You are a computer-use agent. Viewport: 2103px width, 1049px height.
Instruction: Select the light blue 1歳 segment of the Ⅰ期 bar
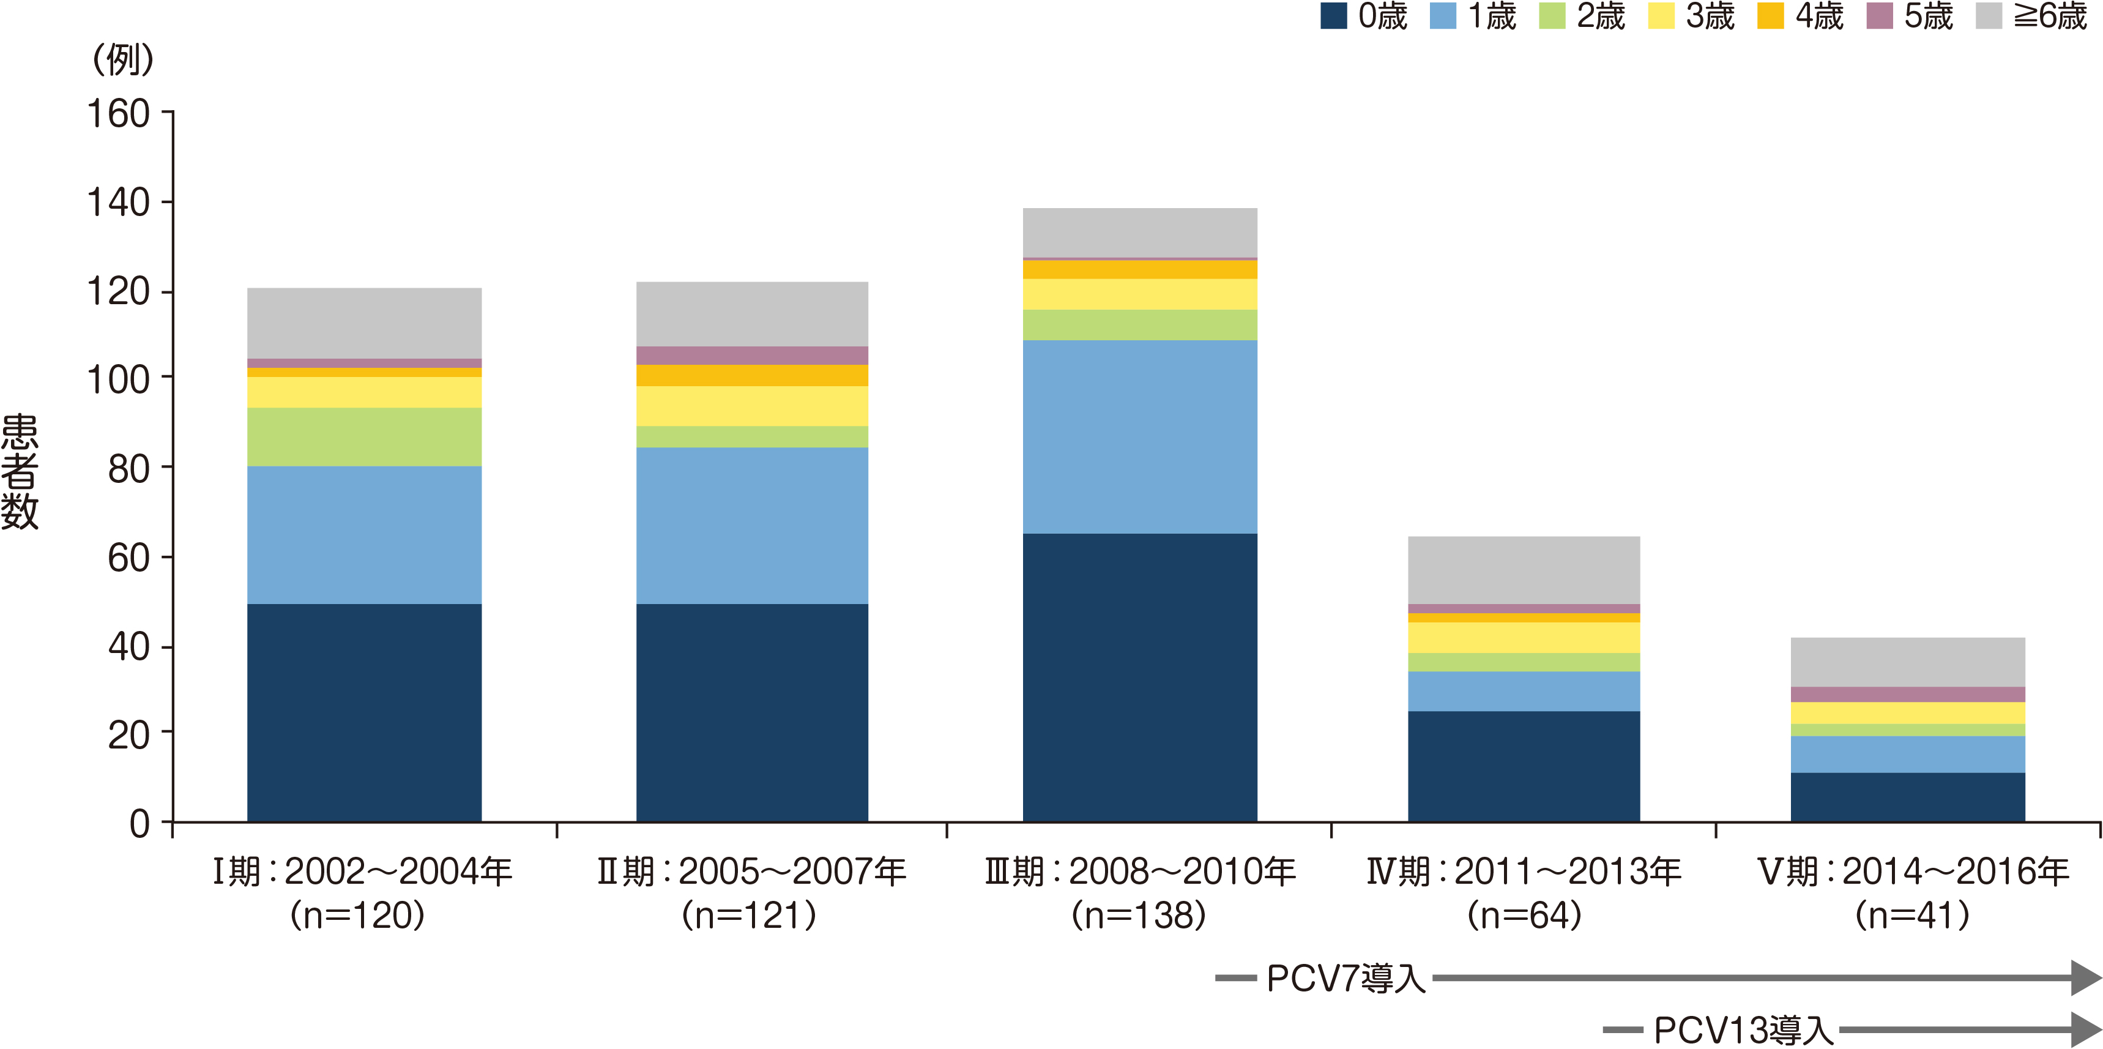point(364,535)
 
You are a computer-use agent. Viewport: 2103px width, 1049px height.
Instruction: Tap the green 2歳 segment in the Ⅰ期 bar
point(364,437)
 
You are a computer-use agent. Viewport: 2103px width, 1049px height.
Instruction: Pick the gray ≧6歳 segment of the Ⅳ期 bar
point(1524,570)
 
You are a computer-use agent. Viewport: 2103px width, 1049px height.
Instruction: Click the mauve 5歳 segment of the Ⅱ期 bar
point(752,355)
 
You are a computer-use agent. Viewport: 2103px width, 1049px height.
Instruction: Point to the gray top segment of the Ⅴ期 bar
point(1908,662)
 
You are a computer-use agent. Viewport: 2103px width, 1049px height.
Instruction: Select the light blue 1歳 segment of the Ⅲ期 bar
point(1140,437)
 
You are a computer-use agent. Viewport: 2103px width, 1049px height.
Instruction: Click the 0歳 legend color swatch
point(1333,17)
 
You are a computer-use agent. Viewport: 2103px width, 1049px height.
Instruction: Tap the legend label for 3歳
point(1710,17)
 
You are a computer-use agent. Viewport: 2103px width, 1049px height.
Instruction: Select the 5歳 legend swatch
point(1879,17)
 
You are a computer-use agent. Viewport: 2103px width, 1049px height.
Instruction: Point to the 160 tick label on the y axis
point(118,113)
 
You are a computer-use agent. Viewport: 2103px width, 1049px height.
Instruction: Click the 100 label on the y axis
point(118,379)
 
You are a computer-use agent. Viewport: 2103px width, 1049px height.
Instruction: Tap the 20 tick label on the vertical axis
point(129,734)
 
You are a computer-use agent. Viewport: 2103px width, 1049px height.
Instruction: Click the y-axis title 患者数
point(20,472)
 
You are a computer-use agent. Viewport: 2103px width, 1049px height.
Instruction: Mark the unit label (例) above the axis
point(122,59)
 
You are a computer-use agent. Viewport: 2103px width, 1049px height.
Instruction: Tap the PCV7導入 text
point(1346,978)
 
